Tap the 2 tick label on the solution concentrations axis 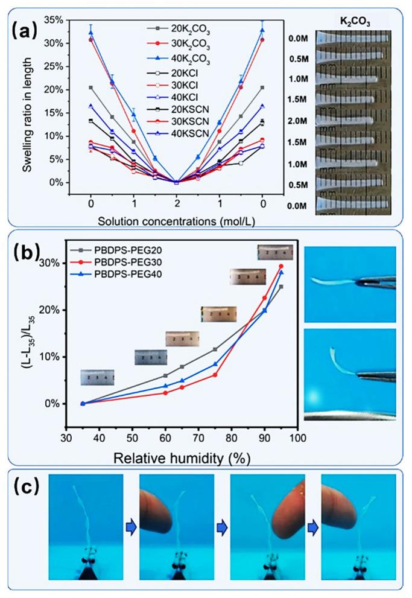tap(176, 197)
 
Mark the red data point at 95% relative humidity tap(280, 266)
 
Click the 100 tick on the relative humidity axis tap(296, 434)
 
